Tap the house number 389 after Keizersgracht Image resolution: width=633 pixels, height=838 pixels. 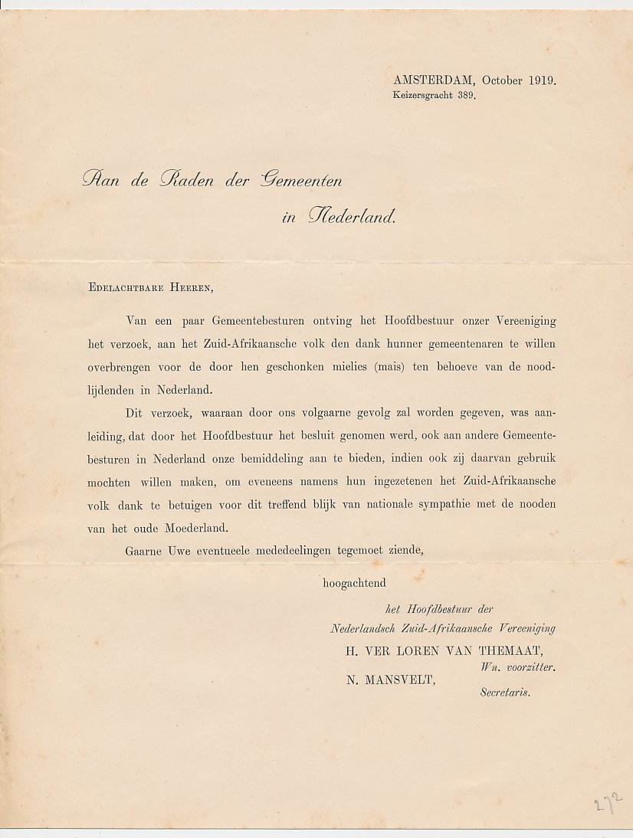pyautogui.click(x=464, y=97)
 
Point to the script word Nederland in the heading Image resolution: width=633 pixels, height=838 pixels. pyautogui.click(x=351, y=217)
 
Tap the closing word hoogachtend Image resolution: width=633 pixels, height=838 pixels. pyautogui.click(x=354, y=583)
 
